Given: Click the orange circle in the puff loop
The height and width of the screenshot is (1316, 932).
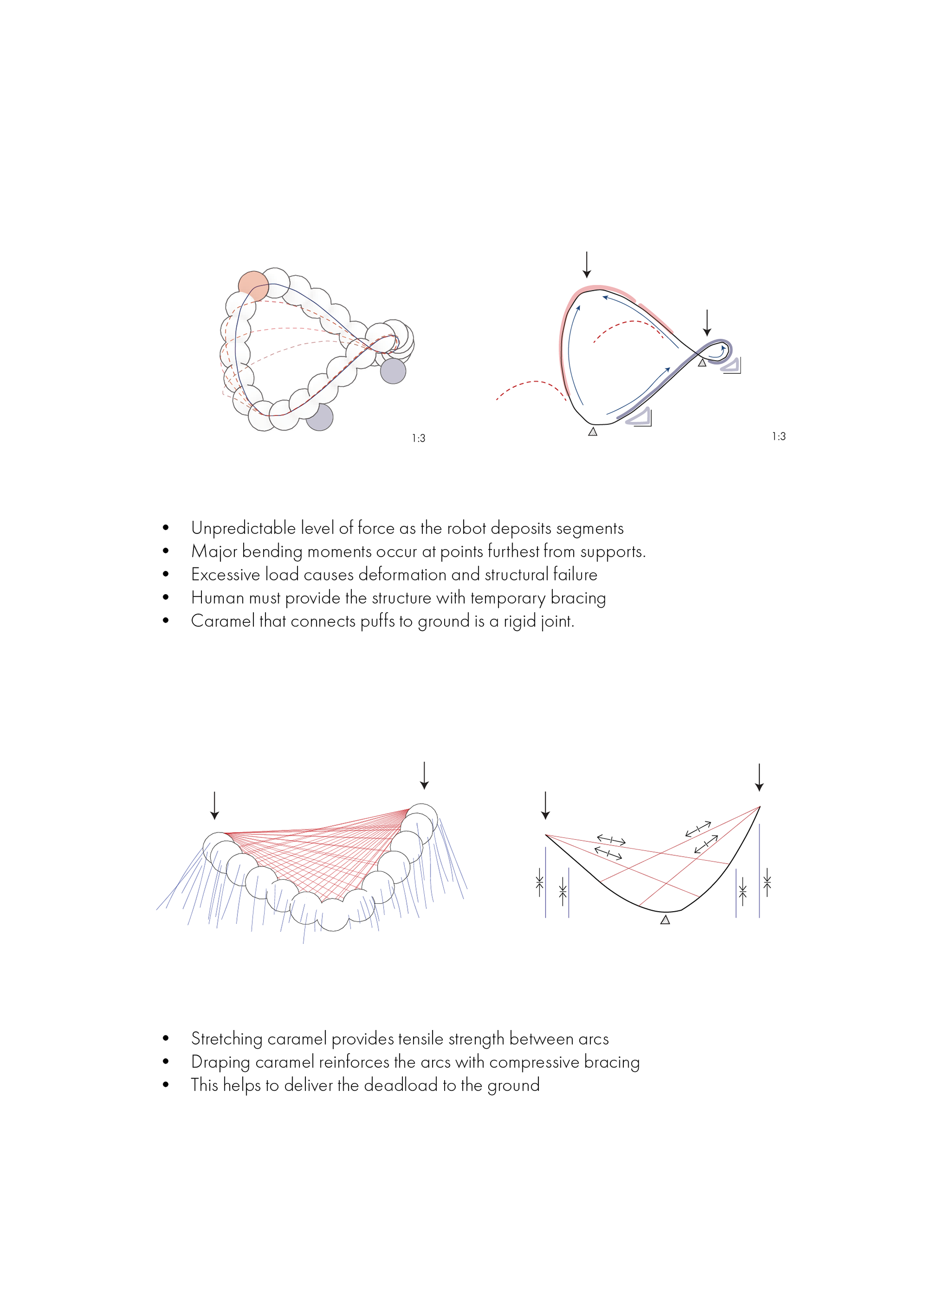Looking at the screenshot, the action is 253,286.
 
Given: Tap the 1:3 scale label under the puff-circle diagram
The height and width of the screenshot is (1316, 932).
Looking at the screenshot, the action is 418,438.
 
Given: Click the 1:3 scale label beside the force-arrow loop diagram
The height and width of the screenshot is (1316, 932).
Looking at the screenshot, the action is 778,437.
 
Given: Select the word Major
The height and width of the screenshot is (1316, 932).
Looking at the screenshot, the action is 214,551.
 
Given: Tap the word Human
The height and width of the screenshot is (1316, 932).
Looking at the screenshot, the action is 217,598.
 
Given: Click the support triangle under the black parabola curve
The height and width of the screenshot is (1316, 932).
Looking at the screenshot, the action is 665,920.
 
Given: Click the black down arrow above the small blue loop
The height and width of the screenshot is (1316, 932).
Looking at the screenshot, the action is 707,322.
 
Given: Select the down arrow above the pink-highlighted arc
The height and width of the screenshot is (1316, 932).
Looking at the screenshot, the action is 586,265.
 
